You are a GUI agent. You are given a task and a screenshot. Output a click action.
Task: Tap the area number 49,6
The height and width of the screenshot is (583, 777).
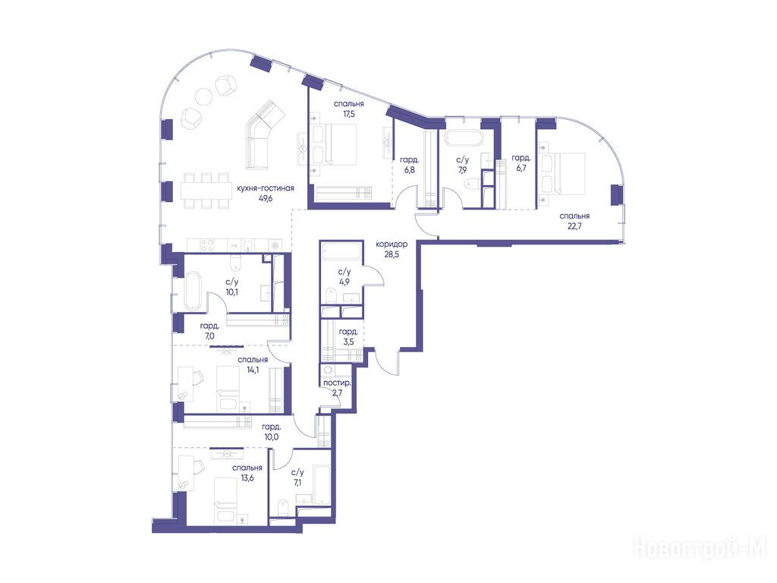point(266,198)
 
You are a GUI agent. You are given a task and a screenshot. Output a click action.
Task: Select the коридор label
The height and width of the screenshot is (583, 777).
point(392,244)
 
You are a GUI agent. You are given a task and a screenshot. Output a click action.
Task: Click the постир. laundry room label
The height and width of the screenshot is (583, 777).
point(337,383)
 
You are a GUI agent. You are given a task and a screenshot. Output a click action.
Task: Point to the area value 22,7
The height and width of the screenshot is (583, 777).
point(574,226)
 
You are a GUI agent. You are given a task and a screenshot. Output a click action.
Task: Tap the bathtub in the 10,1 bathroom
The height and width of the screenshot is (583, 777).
point(193,291)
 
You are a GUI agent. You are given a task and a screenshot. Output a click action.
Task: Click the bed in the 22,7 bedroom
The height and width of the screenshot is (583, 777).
point(564,173)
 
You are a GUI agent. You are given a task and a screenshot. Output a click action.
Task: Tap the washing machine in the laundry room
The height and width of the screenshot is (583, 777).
point(327,371)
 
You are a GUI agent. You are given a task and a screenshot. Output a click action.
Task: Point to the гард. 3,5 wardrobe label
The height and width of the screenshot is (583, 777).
point(348,336)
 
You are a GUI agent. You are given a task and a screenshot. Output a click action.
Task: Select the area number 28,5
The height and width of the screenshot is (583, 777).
point(392,254)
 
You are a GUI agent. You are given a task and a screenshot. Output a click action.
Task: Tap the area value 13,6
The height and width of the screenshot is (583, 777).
point(247,478)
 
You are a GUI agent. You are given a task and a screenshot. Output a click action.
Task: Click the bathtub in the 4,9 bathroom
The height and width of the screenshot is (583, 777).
point(341,251)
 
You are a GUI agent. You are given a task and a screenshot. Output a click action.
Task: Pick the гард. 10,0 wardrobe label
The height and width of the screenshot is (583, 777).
point(272,432)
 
